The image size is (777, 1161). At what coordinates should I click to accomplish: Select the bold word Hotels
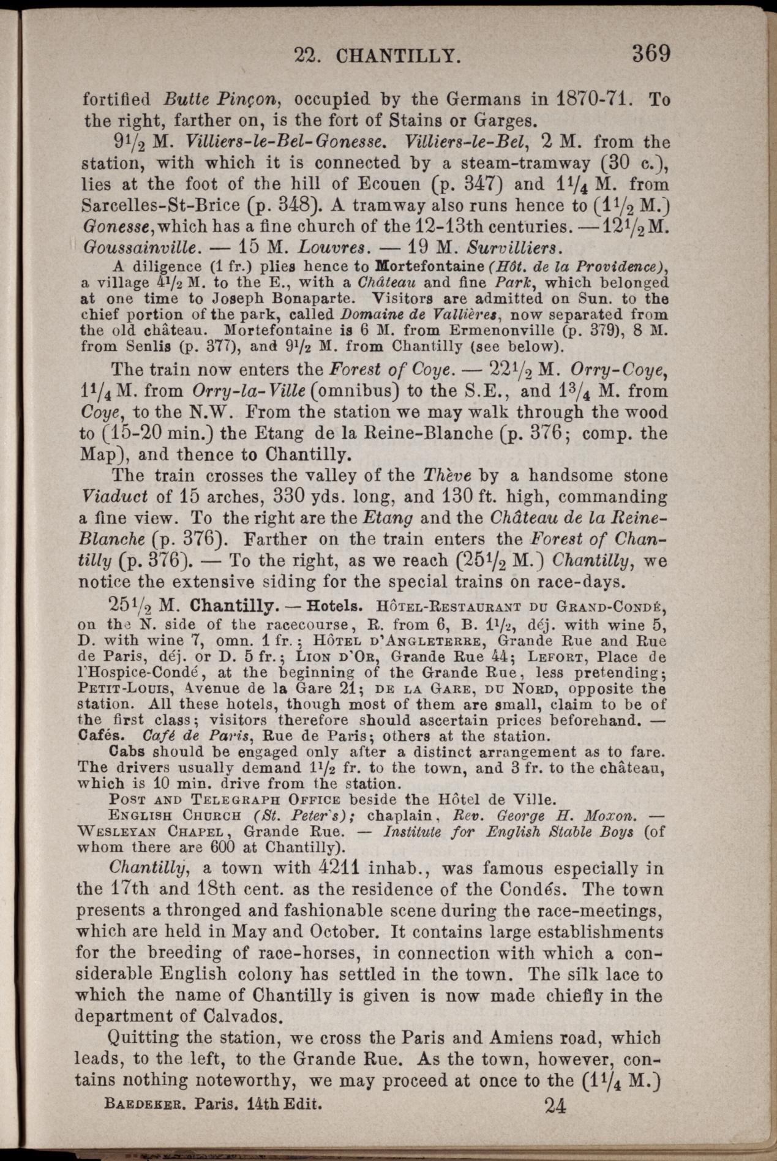[x=334, y=609]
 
